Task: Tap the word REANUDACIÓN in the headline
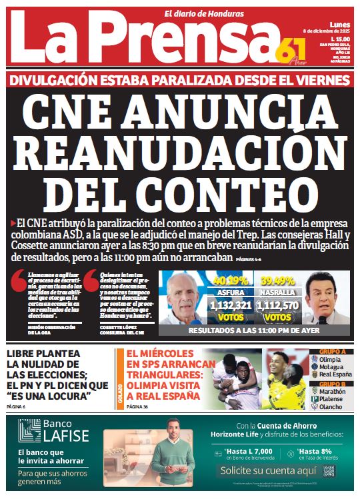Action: (180, 150)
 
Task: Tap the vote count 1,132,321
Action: (230, 306)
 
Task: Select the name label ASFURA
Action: (230, 292)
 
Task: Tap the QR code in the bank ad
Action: (329, 470)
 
